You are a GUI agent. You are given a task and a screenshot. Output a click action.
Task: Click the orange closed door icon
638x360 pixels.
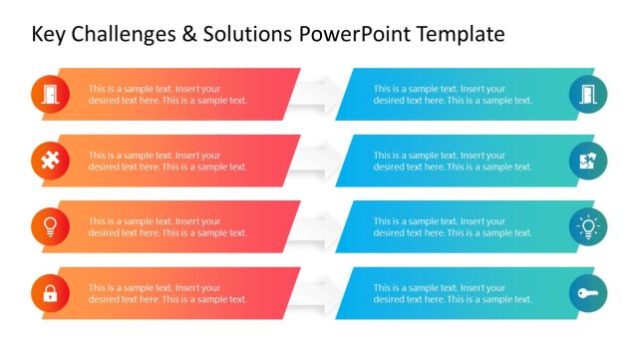(50, 94)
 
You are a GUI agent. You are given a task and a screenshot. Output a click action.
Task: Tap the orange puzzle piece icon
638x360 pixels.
(50, 161)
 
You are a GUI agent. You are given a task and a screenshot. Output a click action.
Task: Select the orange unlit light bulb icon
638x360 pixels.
(50, 226)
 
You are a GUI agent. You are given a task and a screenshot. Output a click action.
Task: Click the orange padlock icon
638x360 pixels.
(50, 293)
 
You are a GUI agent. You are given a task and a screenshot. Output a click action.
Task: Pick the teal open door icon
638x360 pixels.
(587, 94)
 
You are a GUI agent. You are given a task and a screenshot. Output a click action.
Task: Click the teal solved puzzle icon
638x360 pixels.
(587, 161)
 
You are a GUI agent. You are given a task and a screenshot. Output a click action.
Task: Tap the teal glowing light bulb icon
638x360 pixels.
(587, 226)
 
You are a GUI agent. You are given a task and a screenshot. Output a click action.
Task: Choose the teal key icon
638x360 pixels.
(587, 293)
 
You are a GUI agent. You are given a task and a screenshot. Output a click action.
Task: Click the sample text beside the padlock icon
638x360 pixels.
(167, 293)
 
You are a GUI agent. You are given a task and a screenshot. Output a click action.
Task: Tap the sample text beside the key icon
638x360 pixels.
(453, 293)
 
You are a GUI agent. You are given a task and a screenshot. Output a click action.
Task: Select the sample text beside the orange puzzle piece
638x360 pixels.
(167, 161)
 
